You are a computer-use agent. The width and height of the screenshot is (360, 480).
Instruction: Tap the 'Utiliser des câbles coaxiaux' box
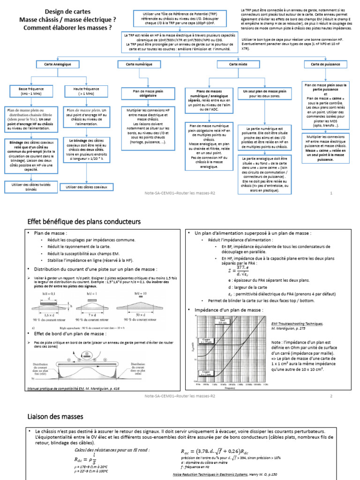click(x=86, y=187)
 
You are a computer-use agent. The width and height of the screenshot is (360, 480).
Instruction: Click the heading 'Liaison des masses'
click(x=55, y=416)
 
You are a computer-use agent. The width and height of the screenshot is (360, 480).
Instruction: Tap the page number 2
click(x=331, y=396)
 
